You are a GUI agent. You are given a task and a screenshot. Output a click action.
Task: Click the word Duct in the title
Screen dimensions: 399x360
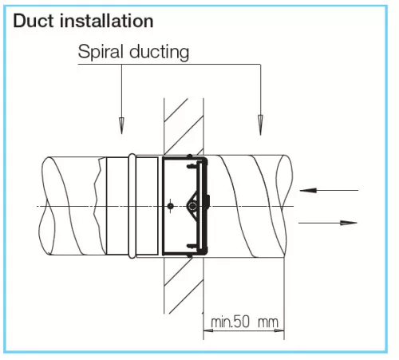(x=34, y=21)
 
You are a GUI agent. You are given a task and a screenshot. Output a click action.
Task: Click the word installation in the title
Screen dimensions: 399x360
(x=106, y=21)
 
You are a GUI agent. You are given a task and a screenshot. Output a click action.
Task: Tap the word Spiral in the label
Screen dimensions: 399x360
(x=101, y=52)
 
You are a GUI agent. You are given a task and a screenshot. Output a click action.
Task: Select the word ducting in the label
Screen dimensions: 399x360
(x=160, y=52)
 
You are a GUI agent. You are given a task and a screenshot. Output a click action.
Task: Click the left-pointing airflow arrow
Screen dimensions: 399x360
(x=329, y=190)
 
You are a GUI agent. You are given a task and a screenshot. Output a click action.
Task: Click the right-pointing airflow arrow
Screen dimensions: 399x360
(x=328, y=223)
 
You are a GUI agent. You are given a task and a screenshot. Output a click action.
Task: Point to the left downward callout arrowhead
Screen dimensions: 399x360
(x=121, y=125)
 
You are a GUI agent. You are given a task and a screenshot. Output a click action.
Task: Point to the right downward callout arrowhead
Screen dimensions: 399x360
(x=260, y=125)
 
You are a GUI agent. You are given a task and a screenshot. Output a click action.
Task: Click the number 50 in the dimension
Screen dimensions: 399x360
(x=242, y=322)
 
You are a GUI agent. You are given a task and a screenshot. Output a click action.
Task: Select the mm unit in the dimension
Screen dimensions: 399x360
(x=268, y=322)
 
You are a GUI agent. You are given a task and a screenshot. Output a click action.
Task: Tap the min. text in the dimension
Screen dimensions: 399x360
(x=222, y=322)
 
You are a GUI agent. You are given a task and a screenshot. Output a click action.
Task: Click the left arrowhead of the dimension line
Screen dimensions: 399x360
(x=208, y=330)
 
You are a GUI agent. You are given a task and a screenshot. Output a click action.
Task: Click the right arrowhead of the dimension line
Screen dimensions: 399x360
(x=279, y=330)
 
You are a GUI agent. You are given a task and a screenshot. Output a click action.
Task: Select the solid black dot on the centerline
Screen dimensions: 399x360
(x=171, y=206)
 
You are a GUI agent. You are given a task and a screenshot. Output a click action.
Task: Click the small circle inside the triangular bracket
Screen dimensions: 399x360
(x=192, y=206)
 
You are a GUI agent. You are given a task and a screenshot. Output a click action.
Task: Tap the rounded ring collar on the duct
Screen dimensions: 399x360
(x=132, y=206)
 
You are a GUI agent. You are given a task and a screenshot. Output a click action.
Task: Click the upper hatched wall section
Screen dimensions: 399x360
(x=184, y=126)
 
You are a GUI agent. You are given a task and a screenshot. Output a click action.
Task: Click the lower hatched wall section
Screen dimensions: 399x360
(x=184, y=285)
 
